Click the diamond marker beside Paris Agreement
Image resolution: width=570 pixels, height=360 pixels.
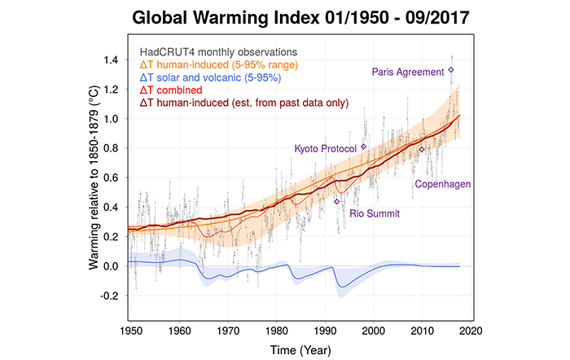pos(451,70)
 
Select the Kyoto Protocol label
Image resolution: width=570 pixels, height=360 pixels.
pos(327,148)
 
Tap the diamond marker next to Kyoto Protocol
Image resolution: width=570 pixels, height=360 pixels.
pos(364,147)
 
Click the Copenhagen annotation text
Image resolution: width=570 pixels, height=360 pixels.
pos(443,184)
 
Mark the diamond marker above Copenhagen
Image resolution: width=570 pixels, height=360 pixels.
pos(422,149)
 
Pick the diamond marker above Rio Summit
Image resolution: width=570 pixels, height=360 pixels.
pos(337,200)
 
